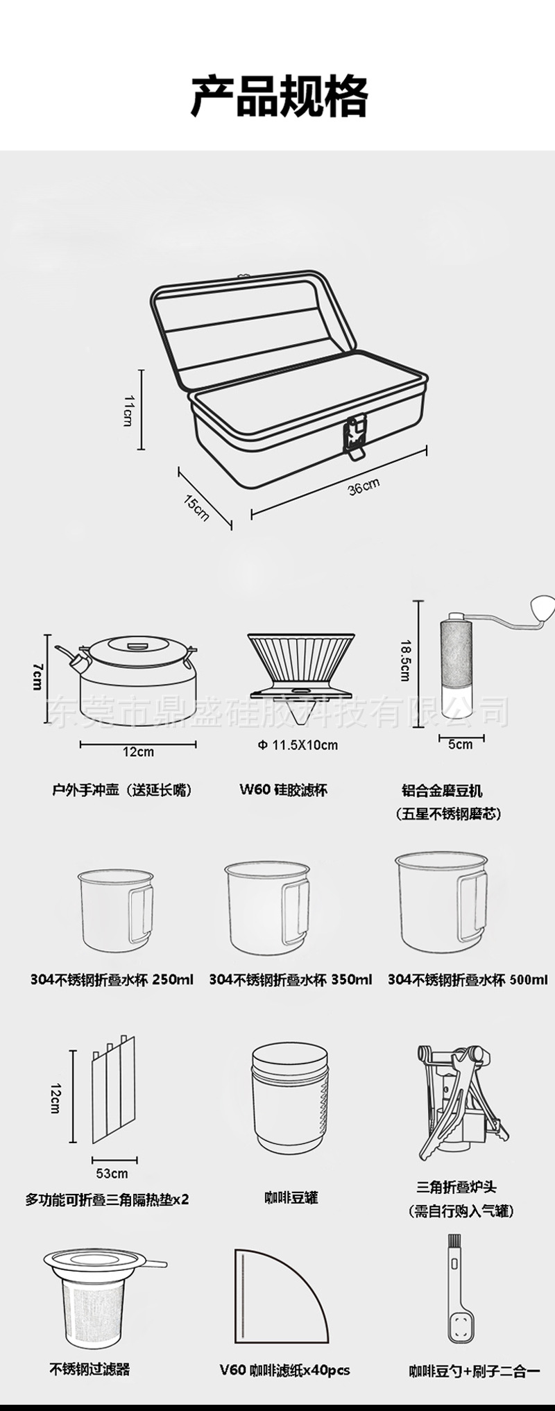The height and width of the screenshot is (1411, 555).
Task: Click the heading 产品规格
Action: (279, 97)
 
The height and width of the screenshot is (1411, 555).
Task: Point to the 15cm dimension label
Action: (197, 507)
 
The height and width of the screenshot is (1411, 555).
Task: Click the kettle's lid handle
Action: (137, 647)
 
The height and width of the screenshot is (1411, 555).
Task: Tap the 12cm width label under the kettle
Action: (139, 751)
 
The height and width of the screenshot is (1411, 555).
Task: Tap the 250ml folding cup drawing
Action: (112, 910)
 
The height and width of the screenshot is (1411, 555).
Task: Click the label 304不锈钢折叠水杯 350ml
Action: (290, 980)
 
